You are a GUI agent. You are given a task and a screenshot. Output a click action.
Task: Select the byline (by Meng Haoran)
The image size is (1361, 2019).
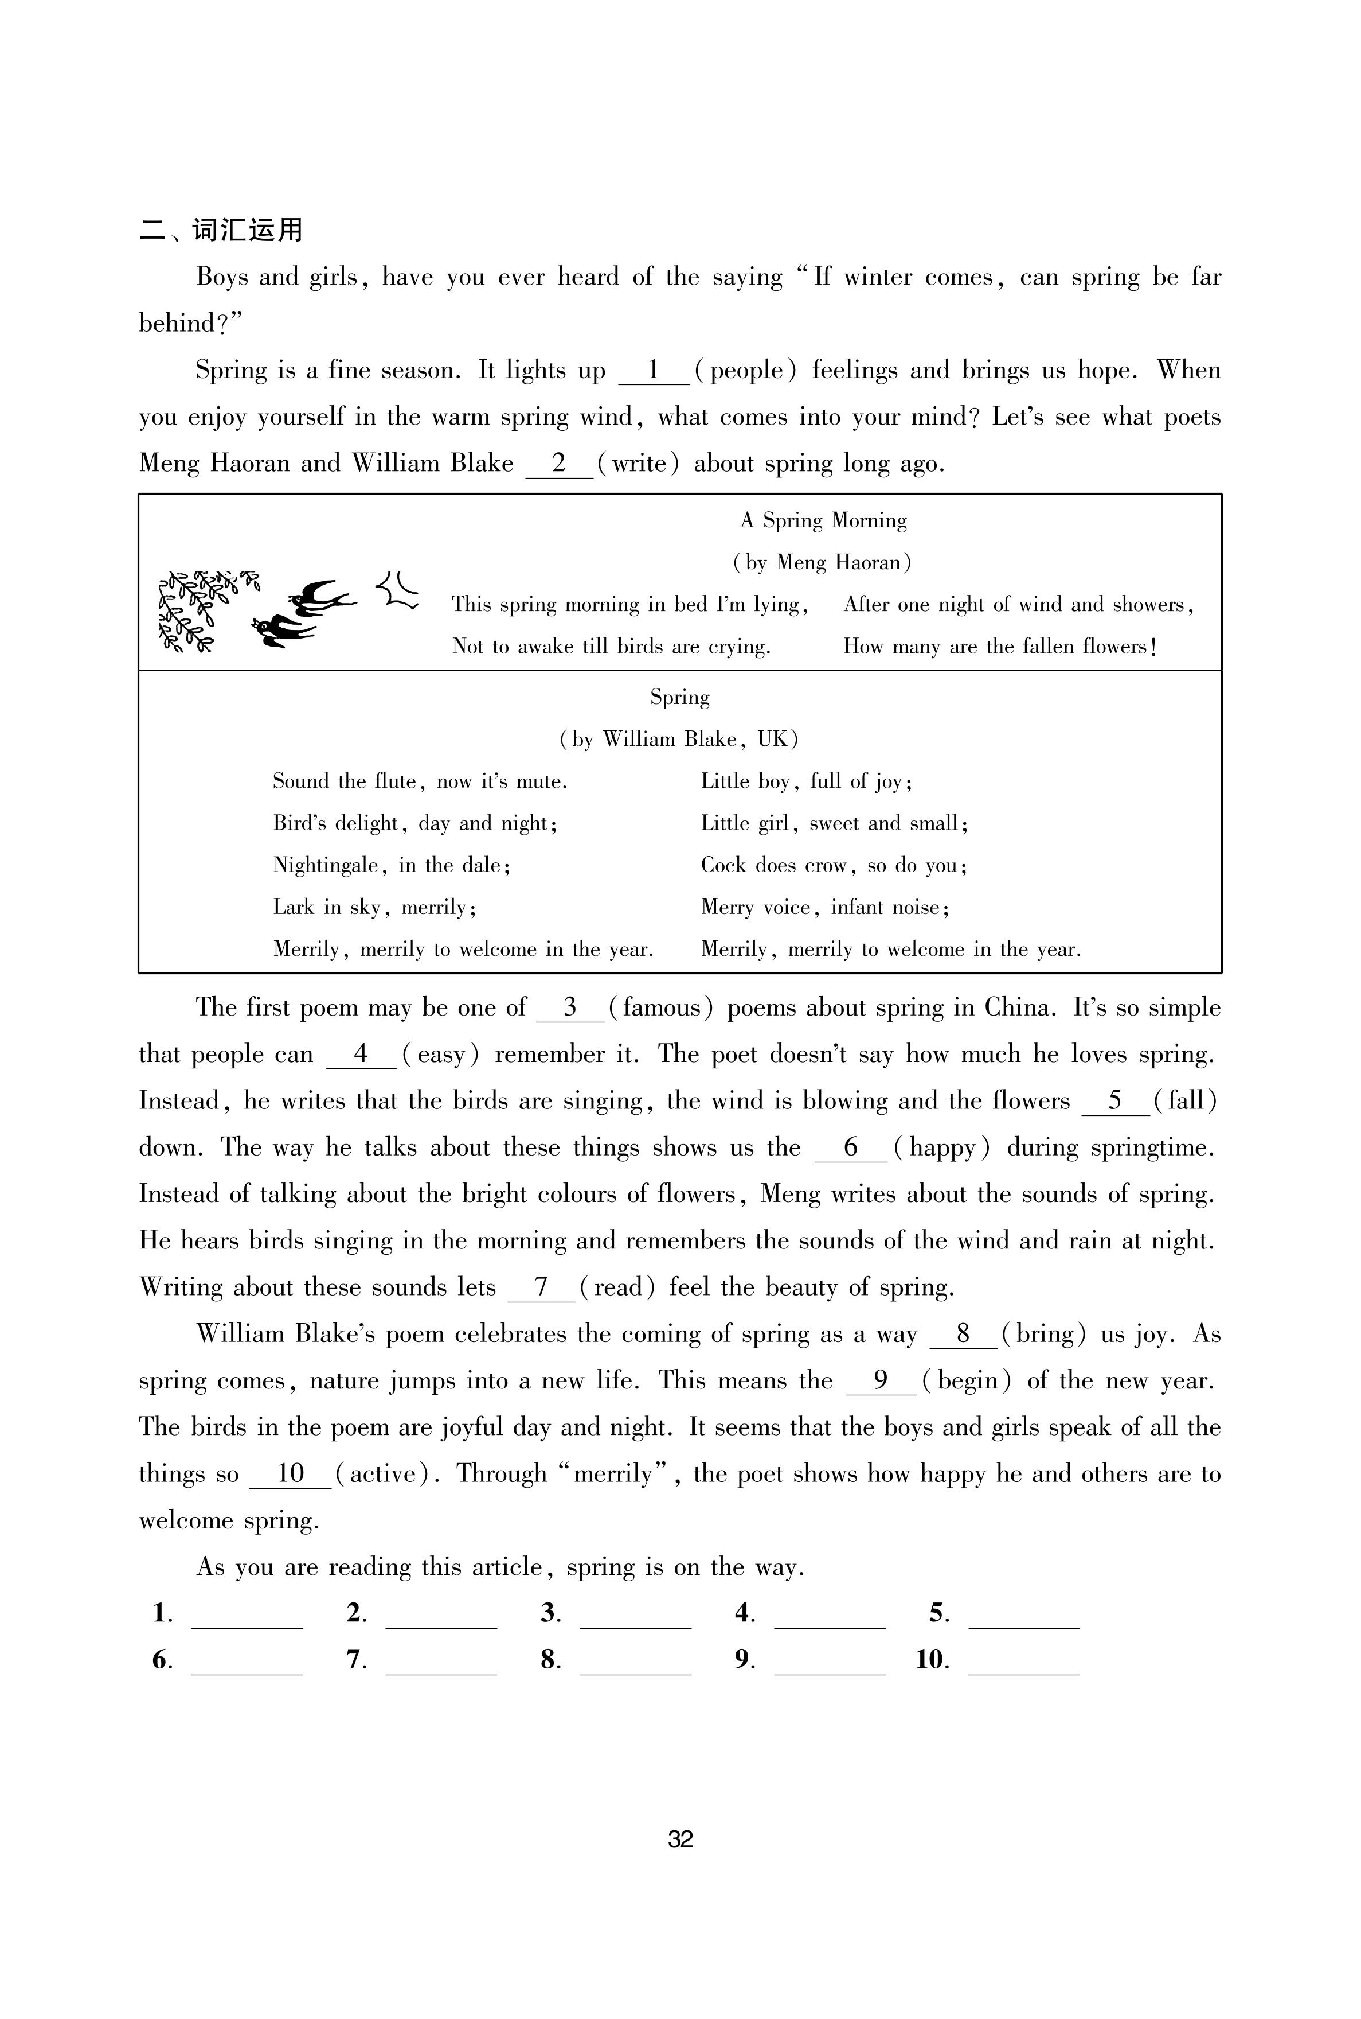pyautogui.click(x=822, y=563)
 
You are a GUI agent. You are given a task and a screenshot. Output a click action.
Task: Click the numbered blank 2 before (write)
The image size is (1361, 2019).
pyautogui.click(x=559, y=464)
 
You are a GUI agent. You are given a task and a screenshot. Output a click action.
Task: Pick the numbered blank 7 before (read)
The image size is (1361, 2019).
pyautogui.click(x=542, y=1287)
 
